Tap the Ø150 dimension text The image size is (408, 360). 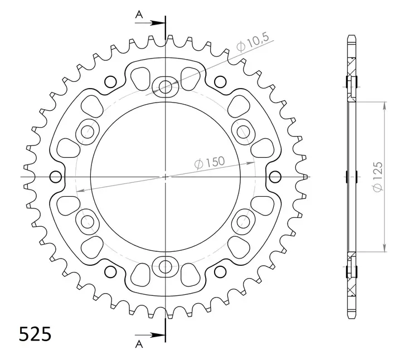point(209,163)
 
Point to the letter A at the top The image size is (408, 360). point(139,15)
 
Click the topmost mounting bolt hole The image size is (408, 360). point(165,86)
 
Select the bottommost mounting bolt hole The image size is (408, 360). point(165,267)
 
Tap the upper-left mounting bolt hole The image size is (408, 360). point(88,132)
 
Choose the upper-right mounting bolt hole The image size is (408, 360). point(243,132)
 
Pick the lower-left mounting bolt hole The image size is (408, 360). point(88,222)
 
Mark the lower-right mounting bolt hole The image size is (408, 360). point(243,222)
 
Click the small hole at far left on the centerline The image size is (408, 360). point(55,177)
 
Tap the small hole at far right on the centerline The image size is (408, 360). point(274,177)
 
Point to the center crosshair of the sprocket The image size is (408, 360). point(165,177)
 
